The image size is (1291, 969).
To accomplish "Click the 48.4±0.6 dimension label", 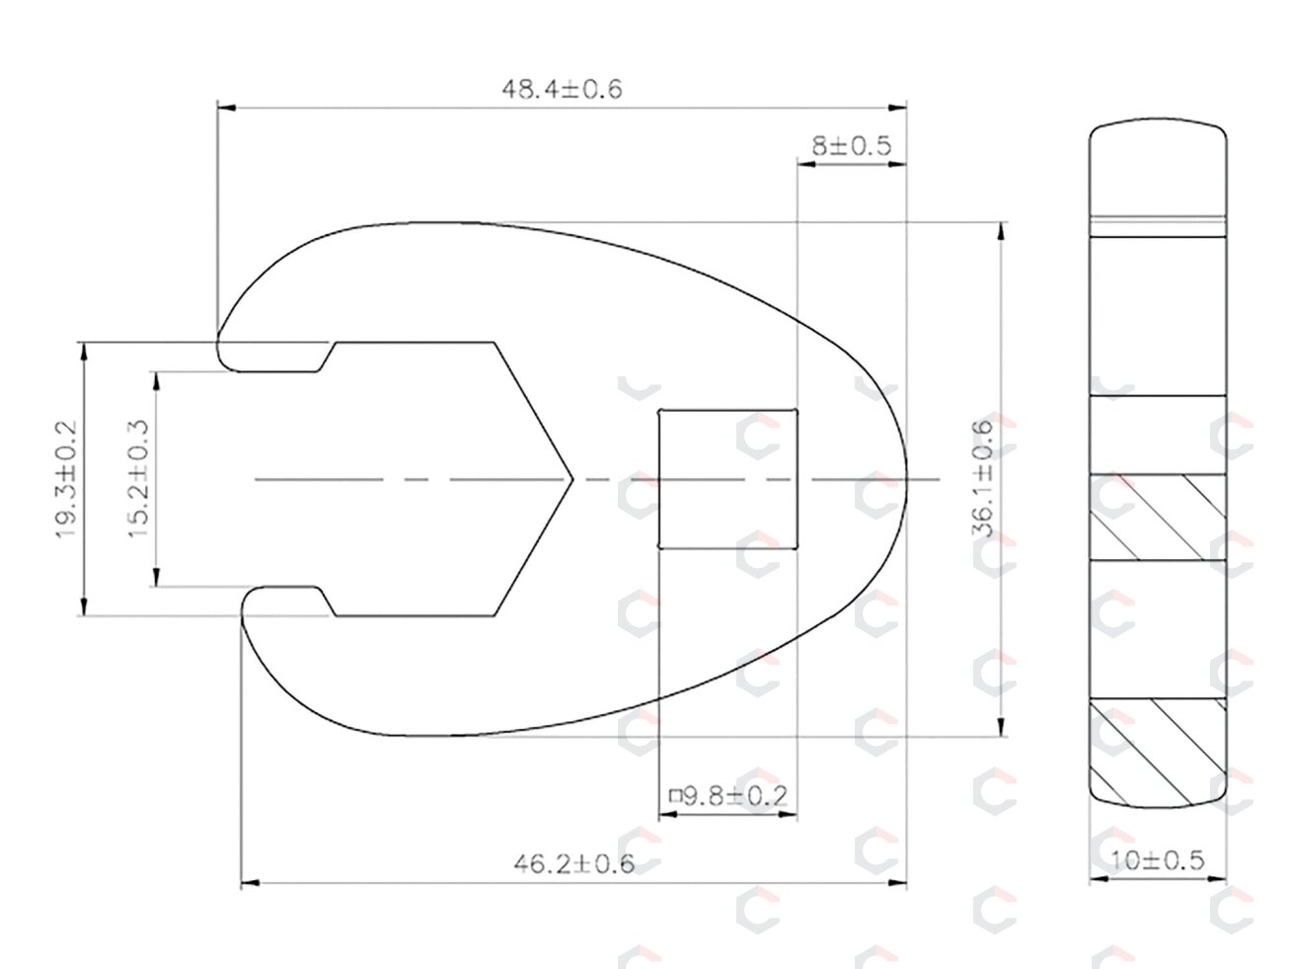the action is coord(562,90).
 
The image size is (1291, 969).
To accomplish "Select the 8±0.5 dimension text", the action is coord(851,146).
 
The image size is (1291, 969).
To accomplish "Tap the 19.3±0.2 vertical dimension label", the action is coord(66,479).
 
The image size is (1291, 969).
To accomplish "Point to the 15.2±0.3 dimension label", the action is coord(139,478).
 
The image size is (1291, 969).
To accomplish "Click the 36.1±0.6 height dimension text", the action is coord(982,478).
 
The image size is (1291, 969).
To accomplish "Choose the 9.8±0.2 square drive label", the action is coord(728,796).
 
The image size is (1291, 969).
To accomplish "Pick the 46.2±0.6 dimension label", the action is coord(574,864).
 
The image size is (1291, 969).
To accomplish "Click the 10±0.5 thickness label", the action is coord(1157,860).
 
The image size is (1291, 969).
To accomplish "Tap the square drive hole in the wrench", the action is coord(727,479).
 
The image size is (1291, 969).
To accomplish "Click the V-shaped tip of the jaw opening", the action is coord(571,479).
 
